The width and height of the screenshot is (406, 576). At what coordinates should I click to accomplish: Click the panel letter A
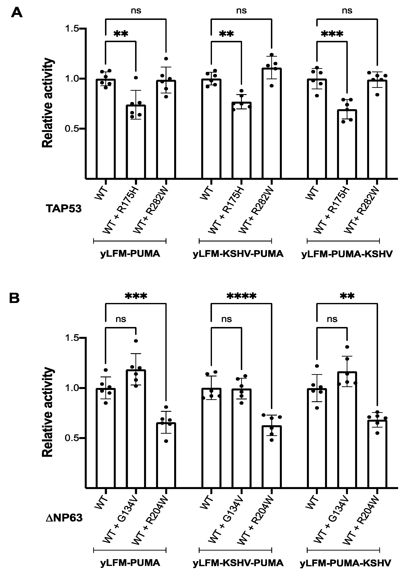[16, 13]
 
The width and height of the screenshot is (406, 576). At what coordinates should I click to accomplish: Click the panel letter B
[15, 298]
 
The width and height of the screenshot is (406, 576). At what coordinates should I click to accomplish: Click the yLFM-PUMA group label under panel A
[130, 254]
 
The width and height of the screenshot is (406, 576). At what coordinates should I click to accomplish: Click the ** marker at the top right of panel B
[347, 297]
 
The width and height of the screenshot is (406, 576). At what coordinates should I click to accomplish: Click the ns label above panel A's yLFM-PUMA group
[136, 11]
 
